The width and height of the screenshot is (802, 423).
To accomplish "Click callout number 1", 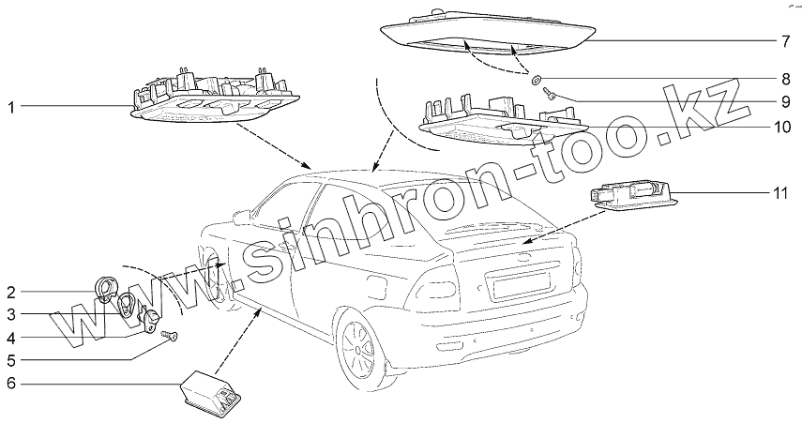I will point(9,108).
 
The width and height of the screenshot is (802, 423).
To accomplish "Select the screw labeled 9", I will point(550,94).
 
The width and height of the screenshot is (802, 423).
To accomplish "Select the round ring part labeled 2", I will point(108,289).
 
